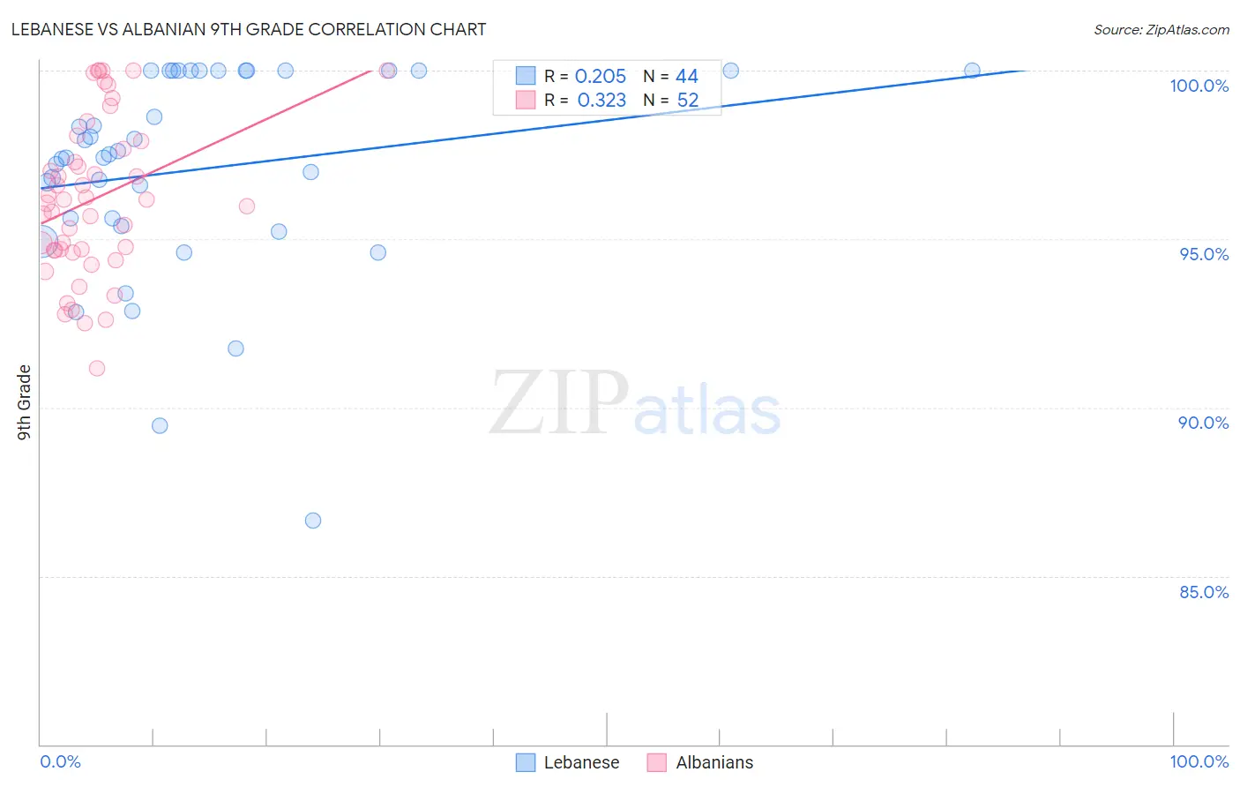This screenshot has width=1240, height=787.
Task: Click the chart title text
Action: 249,29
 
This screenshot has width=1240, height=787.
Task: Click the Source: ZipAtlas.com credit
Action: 1161,29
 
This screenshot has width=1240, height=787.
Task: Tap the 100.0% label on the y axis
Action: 1199,86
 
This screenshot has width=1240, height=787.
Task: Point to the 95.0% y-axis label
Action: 1204,254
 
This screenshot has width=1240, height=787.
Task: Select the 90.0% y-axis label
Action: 1203,423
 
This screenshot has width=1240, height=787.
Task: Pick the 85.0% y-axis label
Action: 1204,592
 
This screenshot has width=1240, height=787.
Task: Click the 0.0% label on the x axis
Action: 60,761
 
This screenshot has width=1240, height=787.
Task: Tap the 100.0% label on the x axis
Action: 1199,761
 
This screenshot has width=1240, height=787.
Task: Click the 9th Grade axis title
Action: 25,401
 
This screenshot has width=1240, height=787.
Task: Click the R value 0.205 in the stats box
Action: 600,77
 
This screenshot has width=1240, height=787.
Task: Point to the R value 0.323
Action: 601,101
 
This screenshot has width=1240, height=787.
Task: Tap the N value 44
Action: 686,77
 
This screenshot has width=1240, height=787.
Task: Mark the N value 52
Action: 687,101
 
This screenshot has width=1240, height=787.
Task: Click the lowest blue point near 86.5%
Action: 313,521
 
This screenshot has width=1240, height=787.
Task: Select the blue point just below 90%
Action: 160,425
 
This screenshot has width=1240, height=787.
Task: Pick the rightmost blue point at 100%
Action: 972,71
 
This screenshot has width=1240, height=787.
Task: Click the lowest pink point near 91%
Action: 97,368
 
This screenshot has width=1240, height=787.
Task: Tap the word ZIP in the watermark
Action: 559,404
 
